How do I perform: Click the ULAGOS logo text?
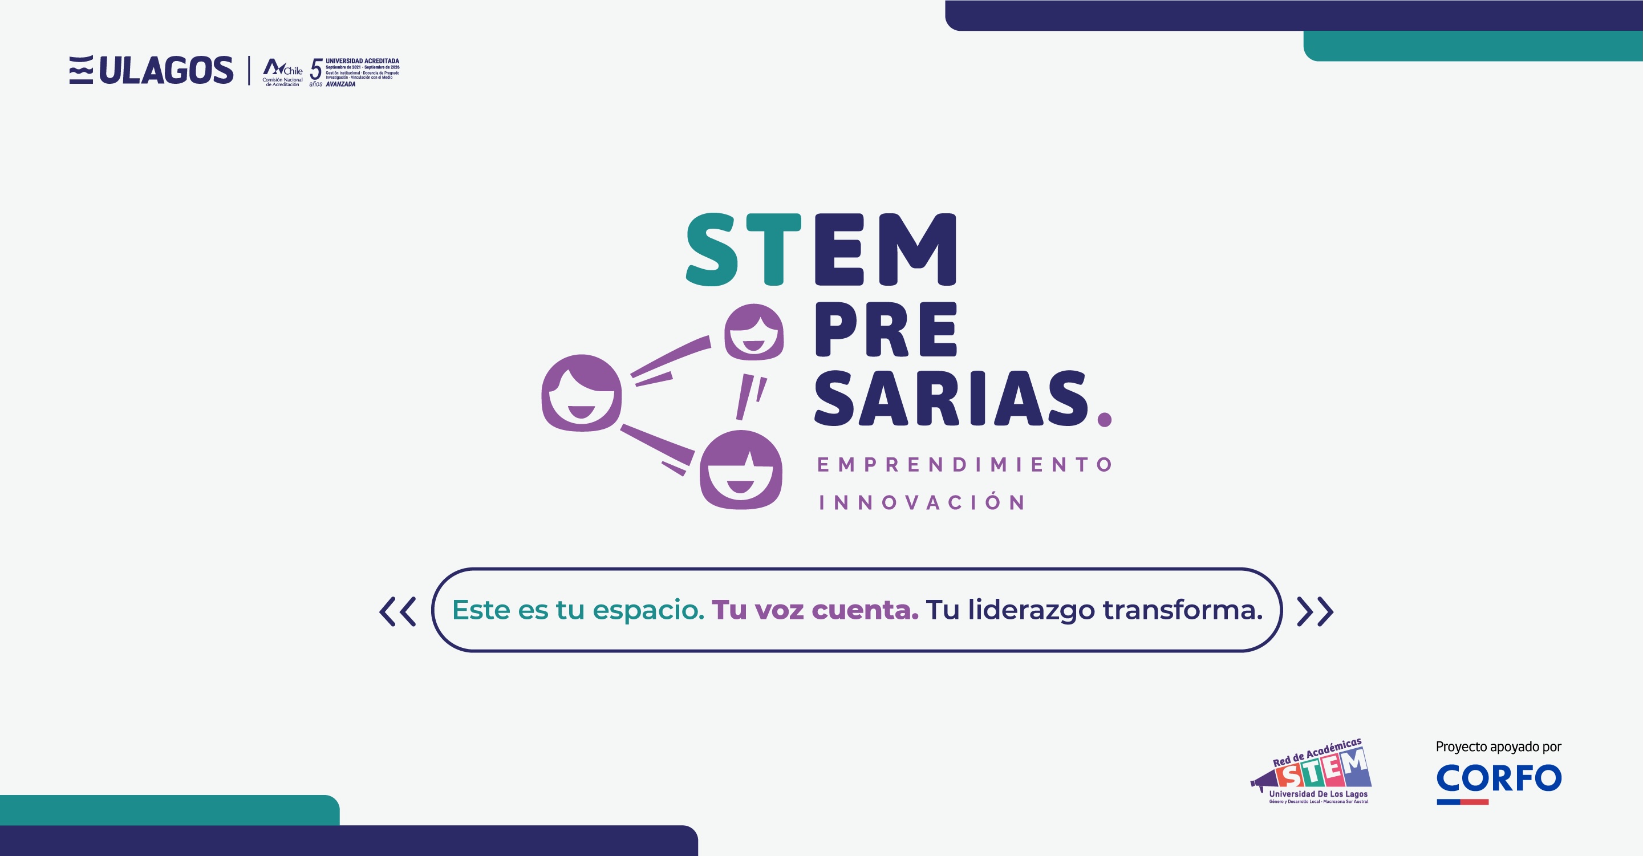(x=166, y=70)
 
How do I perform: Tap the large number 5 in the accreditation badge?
(x=316, y=70)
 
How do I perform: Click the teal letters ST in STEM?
(x=743, y=249)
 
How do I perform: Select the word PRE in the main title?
(x=886, y=330)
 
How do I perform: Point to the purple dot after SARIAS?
(x=1104, y=419)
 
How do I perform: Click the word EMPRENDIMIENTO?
(x=964, y=464)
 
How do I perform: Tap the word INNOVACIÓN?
(x=922, y=502)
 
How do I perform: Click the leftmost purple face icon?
(x=581, y=393)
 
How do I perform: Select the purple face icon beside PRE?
(x=753, y=332)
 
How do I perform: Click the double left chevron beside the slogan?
(x=398, y=611)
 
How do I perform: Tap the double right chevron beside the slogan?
(x=1315, y=611)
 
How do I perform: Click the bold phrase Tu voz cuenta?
(x=814, y=610)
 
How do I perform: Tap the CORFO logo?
(x=1498, y=780)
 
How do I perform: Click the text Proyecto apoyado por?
(x=1498, y=747)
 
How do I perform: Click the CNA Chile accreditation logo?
(x=282, y=71)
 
